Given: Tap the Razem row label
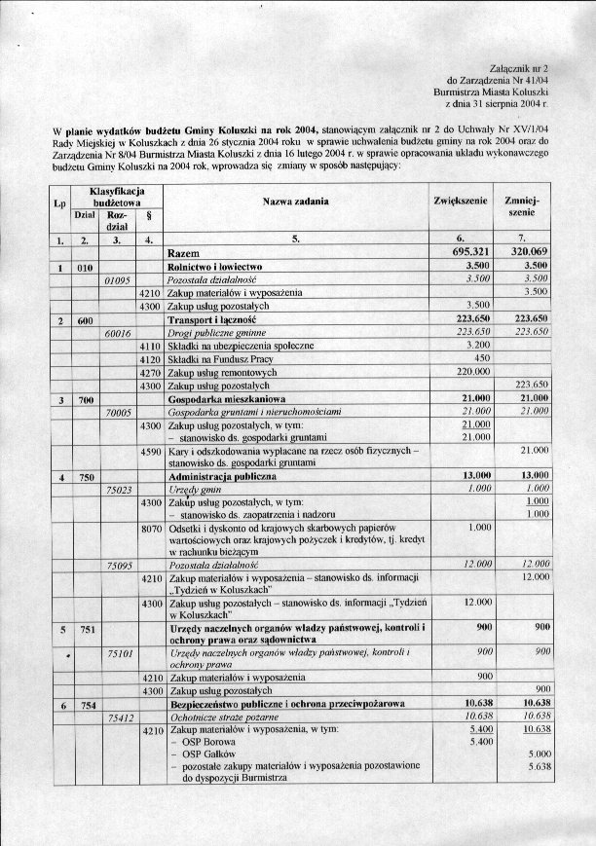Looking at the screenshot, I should click(188, 251).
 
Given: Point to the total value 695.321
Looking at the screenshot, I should click(463, 251).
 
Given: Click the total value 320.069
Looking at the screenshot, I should click(527, 251).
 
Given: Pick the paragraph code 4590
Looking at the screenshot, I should click(149, 451).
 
